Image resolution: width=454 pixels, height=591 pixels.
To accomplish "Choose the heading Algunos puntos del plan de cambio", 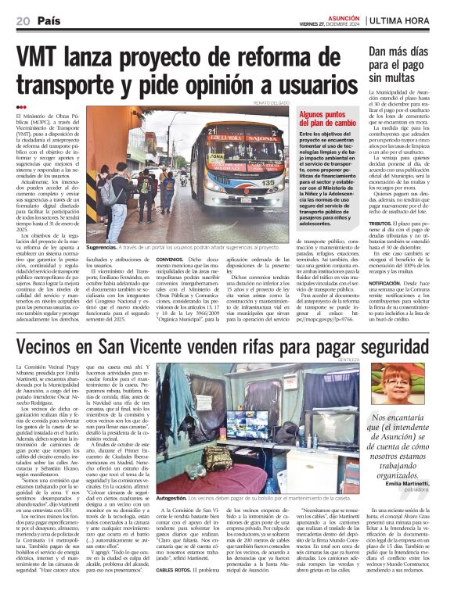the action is click(x=326, y=118).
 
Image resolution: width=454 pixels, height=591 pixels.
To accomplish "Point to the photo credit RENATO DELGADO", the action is click(x=271, y=102).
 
